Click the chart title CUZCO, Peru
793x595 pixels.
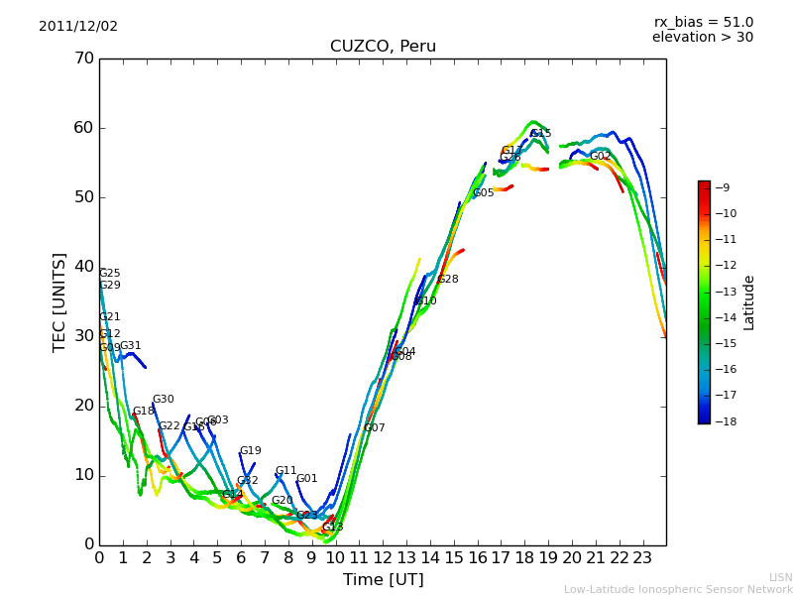tap(383, 47)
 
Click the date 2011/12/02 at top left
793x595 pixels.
tap(78, 27)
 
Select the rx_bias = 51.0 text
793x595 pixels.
tap(703, 23)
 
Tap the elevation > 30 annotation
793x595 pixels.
tap(702, 38)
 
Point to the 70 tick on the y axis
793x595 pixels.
tap(83, 59)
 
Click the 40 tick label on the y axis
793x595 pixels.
tap(83, 267)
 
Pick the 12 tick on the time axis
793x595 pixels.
tap(383, 558)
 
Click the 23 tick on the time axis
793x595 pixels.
tap(642, 558)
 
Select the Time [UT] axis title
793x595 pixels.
tap(383, 580)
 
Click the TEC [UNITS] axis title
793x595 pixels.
tap(59, 301)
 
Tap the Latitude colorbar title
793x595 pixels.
tap(749, 302)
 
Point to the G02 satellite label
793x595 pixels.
tap(600, 157)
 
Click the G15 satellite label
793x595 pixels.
tap(540, 134)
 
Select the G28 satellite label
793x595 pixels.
tap(448, 280)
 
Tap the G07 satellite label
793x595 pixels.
tap(375, 428)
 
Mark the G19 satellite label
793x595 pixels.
tap(251, 451)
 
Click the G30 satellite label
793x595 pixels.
tap(163, 400)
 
